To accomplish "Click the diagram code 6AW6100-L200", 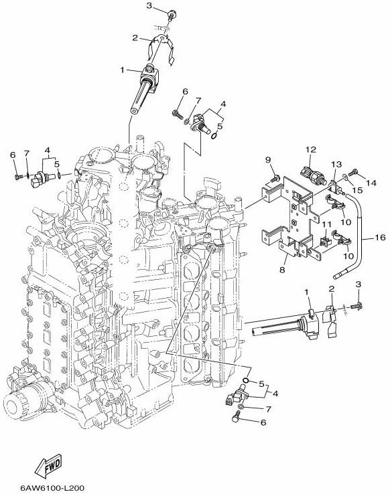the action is click(52, 488).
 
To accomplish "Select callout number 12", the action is click(310, 149).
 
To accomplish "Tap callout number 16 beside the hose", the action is click(381, 237).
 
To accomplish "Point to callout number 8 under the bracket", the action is click(282, 270).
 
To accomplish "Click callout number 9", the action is click(268, 160).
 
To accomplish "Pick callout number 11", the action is click(326, 224).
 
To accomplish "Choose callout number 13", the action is click(336, 164).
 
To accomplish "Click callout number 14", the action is click(372, 183).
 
